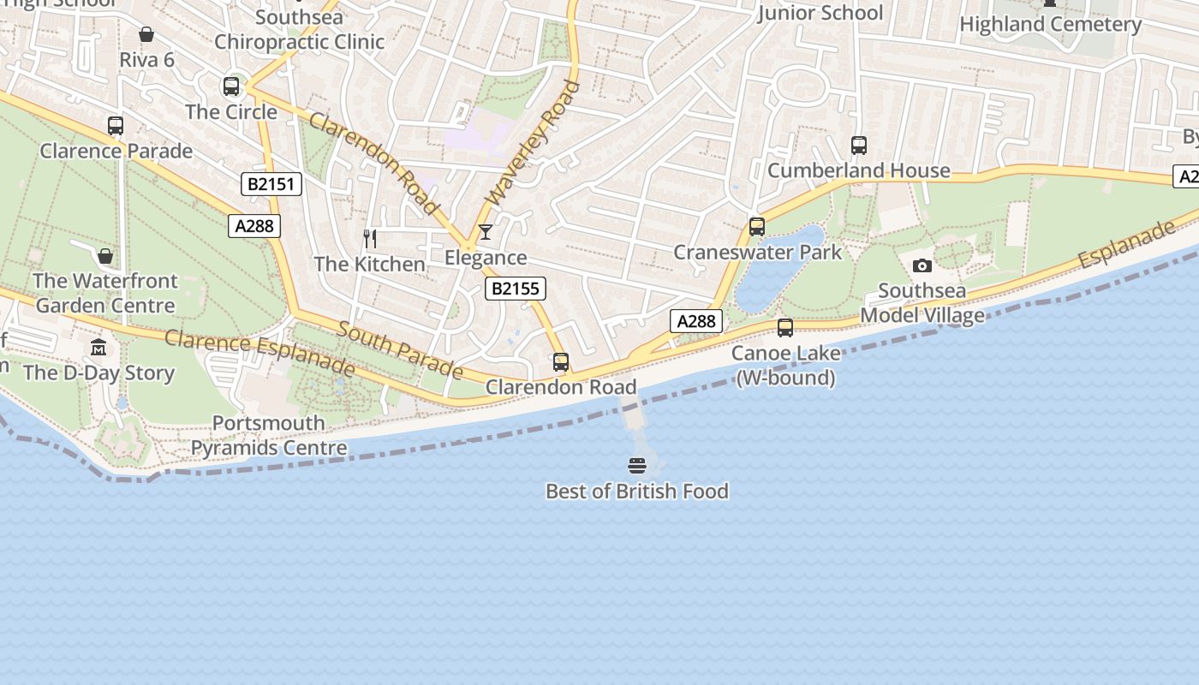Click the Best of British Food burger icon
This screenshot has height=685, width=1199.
pyautogui.click(x=636, y=466)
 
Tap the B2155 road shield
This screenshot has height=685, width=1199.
pyautogui.click(x=515, y=289)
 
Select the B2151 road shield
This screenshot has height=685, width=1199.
pyautogui.click(x=271, y=184)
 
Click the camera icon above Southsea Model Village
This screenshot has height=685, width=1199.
pyautogui.click(x=922, y=265)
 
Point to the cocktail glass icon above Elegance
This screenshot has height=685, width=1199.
pyautogui.click(x=486, y=232)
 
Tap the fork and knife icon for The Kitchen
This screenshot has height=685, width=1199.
pyautogui.click(x=370, y=238)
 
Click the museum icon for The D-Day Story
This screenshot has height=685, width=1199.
pyautogui.click(x=99, y=348)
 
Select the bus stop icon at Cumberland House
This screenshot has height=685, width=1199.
pyautogui.click(x=859, y=146)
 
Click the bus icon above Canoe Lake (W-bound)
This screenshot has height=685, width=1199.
pyautogui.click(x=784, y=328)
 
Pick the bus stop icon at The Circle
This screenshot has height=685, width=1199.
pyautogui.click(x=231, y=86)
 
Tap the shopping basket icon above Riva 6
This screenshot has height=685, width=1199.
pyautogui.click(x=146, y=34)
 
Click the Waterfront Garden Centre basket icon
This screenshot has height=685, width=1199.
pyautogui.click(x=105, y=256)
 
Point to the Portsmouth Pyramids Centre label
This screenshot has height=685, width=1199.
pyautogui.click(x=269, y=435)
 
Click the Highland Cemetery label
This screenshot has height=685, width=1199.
pyautogui.click(x=1050, y=24)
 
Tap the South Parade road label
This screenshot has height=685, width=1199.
pyautogui.click(x=400, y=349)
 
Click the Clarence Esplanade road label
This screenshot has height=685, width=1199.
pyautogui.click(x=259, y=352)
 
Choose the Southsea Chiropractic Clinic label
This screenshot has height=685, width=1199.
pyautogui.click(x=299, y=29)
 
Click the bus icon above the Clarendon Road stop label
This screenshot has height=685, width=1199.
pyautogui.click(x=561, y=362)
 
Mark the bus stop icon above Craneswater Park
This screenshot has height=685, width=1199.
pyautogui.click(x=757, y=227)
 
